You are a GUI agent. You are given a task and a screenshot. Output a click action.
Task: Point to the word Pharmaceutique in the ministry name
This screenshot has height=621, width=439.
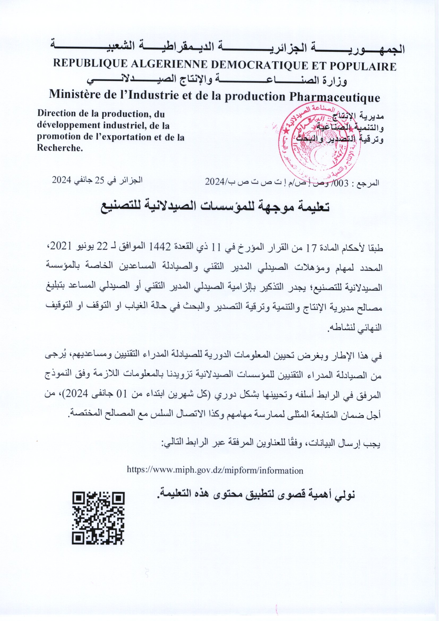pyautogui.click(x=334, y=97)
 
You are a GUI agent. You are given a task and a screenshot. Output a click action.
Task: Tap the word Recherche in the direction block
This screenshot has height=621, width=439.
pyautogui.click(x=59, y=148)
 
